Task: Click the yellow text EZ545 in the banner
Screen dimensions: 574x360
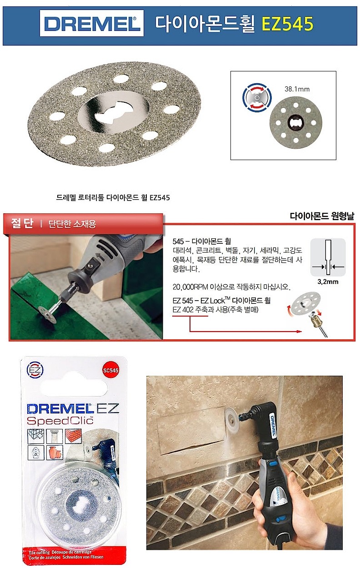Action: tap(288, 24)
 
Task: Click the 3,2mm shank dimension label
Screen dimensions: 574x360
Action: tap(327, 282)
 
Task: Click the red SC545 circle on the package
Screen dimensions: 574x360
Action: tap(111, 370)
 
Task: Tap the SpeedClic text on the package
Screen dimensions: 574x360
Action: tap(60, 420)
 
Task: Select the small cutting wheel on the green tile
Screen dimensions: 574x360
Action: tap(47, 317)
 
